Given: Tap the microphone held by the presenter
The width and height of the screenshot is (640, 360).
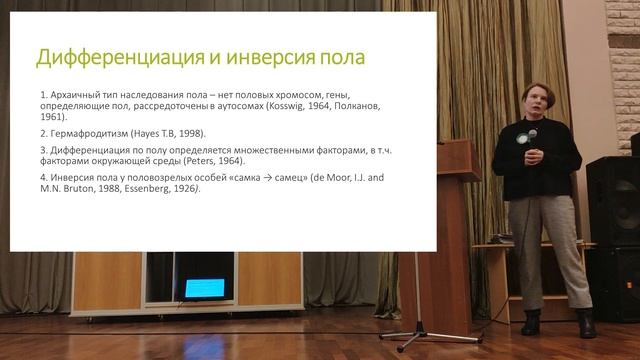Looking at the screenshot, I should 532,136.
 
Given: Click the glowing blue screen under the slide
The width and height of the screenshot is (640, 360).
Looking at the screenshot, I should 204,288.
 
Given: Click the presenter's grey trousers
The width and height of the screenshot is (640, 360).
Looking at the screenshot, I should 547,250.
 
